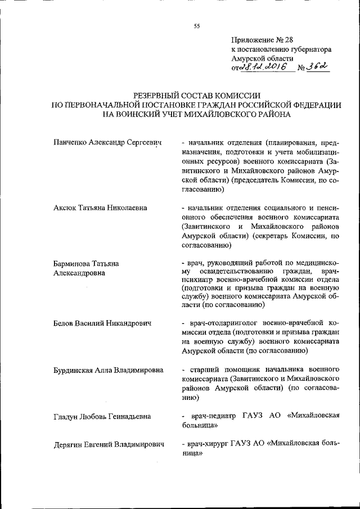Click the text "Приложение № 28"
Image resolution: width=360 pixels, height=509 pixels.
pos(262,39)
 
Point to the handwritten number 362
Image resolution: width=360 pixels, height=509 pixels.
pos(317,66)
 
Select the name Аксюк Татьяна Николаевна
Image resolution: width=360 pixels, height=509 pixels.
pos(100,208)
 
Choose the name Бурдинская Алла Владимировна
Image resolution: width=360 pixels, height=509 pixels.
pos(108,370)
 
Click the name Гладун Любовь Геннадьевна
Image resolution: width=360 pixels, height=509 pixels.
pos(102,416)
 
